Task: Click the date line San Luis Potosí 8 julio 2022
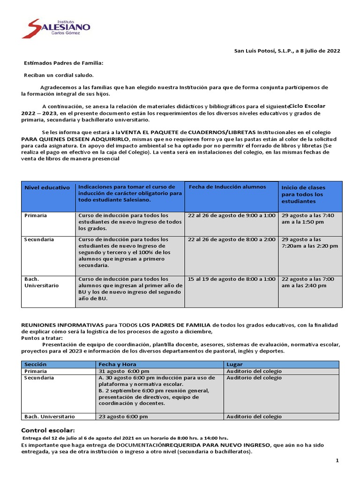pos(287,51)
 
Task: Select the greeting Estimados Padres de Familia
pos(63,63)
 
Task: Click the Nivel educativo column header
pos(47,187)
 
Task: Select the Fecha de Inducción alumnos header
pos(227,187)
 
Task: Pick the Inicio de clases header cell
pos(303,194)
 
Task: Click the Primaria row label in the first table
pos(36,215)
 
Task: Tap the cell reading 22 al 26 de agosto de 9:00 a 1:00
pos(232,215)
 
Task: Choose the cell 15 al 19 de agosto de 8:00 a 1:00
pos(232,279)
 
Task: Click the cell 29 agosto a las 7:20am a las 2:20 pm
pos(309,242)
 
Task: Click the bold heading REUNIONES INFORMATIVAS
pos(62,325)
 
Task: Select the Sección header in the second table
pos(36,364)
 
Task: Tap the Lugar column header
pos(234,364)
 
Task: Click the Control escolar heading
pos(48,430)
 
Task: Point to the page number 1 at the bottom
pos(337,461)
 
